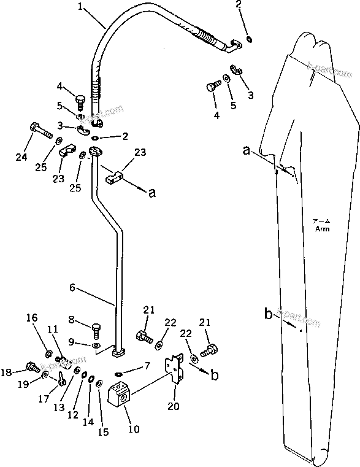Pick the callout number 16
(x=32, y=317)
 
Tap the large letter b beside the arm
(x=269, y=315)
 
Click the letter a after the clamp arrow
(x=152, y=193)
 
